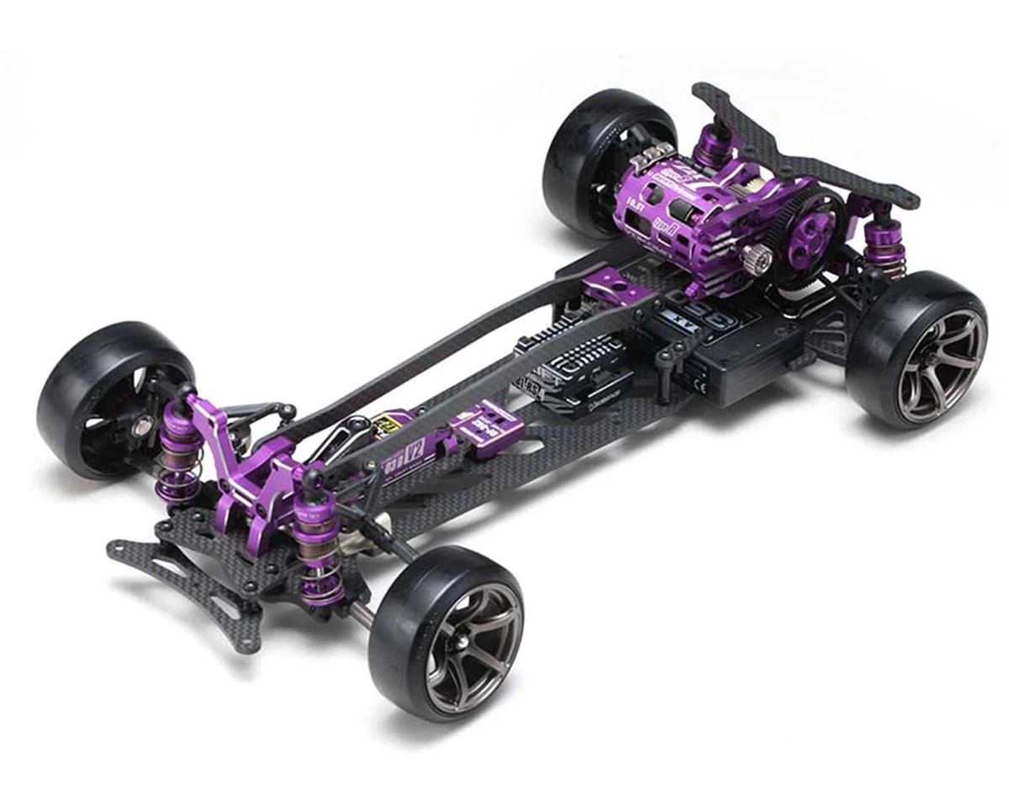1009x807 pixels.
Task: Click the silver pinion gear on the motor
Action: [x=759, y=261]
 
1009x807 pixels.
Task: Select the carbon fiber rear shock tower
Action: [x=807, y=151]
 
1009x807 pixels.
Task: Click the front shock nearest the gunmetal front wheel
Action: [x=317, y=546]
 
